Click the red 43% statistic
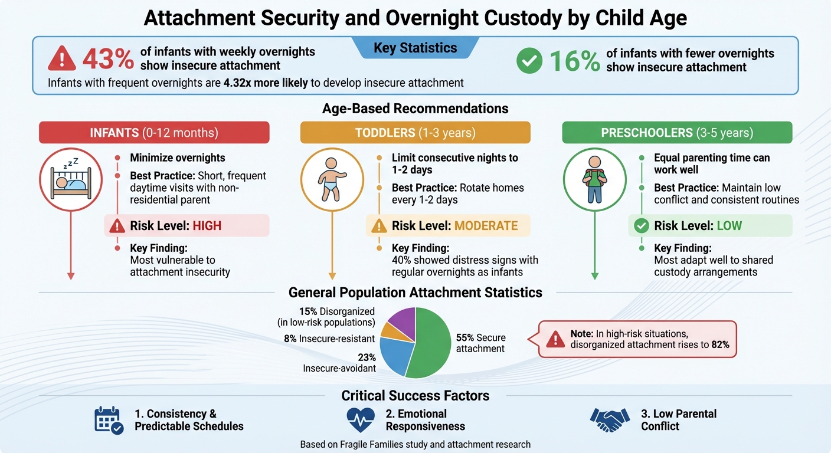[x=108, y=59]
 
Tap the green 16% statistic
[x=574, y=60]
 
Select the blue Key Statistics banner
[x=415, y=48]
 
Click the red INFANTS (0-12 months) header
[x=154, y=133]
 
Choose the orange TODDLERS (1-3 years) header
[x=415, y=133]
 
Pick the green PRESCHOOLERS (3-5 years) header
[x=676, y=133]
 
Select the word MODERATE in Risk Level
[x=485, y=226]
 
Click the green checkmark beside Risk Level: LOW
[x=641, y=226]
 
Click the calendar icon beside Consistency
[x=109, y=420]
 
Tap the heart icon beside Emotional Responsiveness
[x=361, y=419]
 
